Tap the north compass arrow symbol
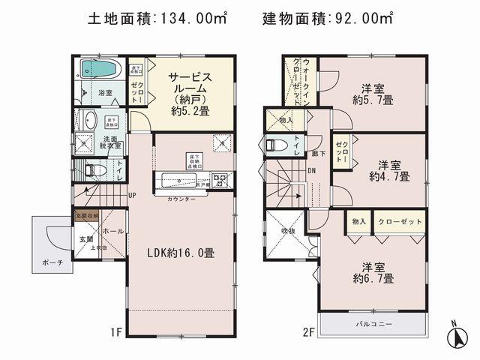[x=456, y=338]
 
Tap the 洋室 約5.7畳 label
[x=373, y=91]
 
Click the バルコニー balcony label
[x=373, y=323]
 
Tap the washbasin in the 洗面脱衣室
[x=88, y=120]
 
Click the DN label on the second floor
[x=311, y=171]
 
